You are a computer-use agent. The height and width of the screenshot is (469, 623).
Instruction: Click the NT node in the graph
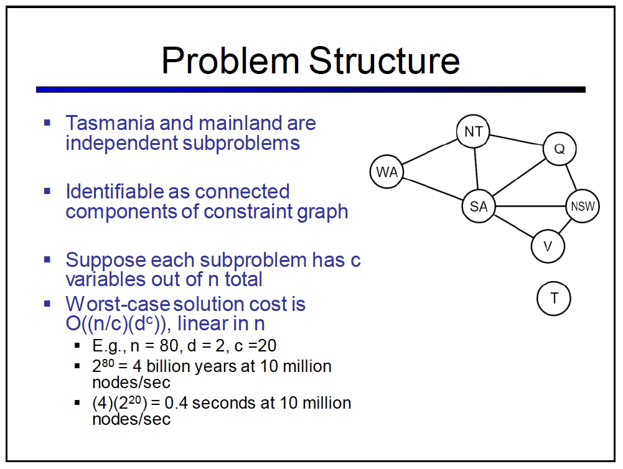click(x=473, y=131)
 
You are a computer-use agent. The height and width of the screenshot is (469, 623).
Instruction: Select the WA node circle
click(x=386, y=172)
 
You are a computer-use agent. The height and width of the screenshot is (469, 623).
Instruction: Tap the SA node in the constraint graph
click(x=479, y=206)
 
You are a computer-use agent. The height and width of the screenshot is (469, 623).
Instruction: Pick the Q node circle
click(x=560, y=149)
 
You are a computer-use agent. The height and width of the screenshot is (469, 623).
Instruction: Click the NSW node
click(x=583, y=206)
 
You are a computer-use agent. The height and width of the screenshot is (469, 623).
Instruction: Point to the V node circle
click(x=548, y=246)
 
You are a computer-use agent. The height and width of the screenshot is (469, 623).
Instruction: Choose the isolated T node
click(x=553, y=298)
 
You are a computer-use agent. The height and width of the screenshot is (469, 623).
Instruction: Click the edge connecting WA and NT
click(x=430, y=152)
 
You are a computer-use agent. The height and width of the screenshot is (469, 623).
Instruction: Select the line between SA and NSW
click(x=530, y=206)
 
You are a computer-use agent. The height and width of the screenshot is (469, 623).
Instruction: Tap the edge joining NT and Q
click(x=517, y=140)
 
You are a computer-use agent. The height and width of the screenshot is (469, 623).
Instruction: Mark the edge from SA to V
click(x=513, y=226)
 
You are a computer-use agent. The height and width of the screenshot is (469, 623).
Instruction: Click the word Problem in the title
click(x=230, y=61)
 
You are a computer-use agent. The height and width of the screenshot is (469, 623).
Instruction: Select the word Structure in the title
click(x=384, y=60)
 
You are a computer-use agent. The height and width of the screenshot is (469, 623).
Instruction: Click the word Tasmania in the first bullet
click(x=110, y=123)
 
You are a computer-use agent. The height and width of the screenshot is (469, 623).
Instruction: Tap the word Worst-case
click(x=118, y=304)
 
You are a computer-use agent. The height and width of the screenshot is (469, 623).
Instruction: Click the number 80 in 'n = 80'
click(x=169, y=346)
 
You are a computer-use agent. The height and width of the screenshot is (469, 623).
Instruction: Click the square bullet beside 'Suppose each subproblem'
click(x=47, y=260)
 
